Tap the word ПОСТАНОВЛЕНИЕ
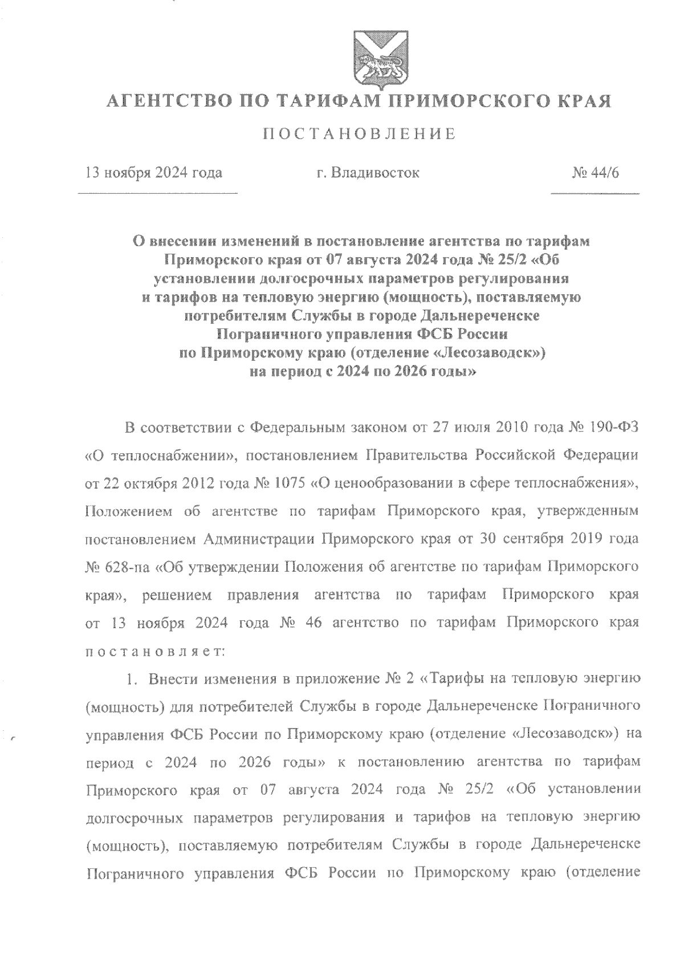pyautogui.click(x=360, y=135)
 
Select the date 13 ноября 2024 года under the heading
pyautogui.click(x=153, y=172)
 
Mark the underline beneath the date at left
pyautogui.click(x=157, y=195)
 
